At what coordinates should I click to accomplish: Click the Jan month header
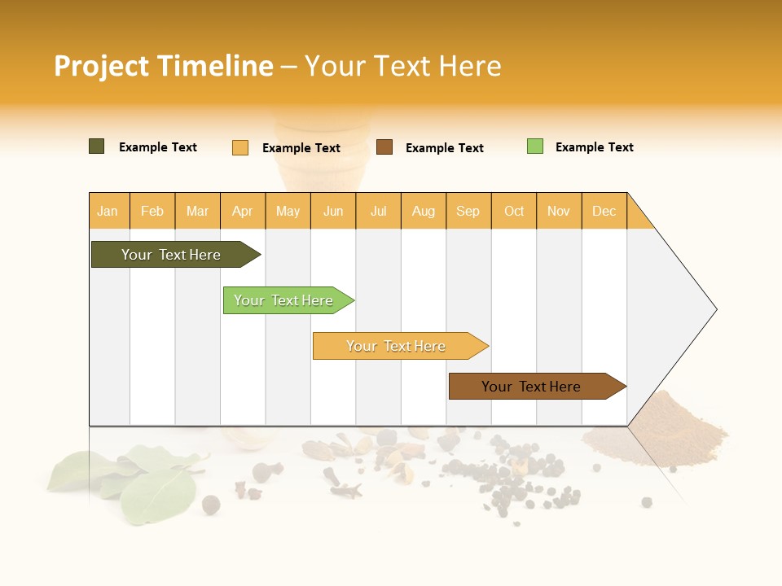(108, 211)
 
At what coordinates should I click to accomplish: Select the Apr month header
(243, 211)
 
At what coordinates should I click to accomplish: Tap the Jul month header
(378, 211)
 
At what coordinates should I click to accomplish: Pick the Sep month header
(468, 211)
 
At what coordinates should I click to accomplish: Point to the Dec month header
(604, 211)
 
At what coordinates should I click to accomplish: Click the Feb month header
(152, 211)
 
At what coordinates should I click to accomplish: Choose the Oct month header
(514, 211)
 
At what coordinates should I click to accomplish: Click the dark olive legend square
(97, 146)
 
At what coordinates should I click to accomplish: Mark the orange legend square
(240, 147)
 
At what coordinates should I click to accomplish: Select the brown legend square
(384, 147)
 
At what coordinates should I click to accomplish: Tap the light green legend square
(535, 146)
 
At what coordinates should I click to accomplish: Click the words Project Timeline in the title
(164, 66)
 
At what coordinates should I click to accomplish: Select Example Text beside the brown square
(444, 148)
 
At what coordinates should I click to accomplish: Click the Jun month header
(333, 211)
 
